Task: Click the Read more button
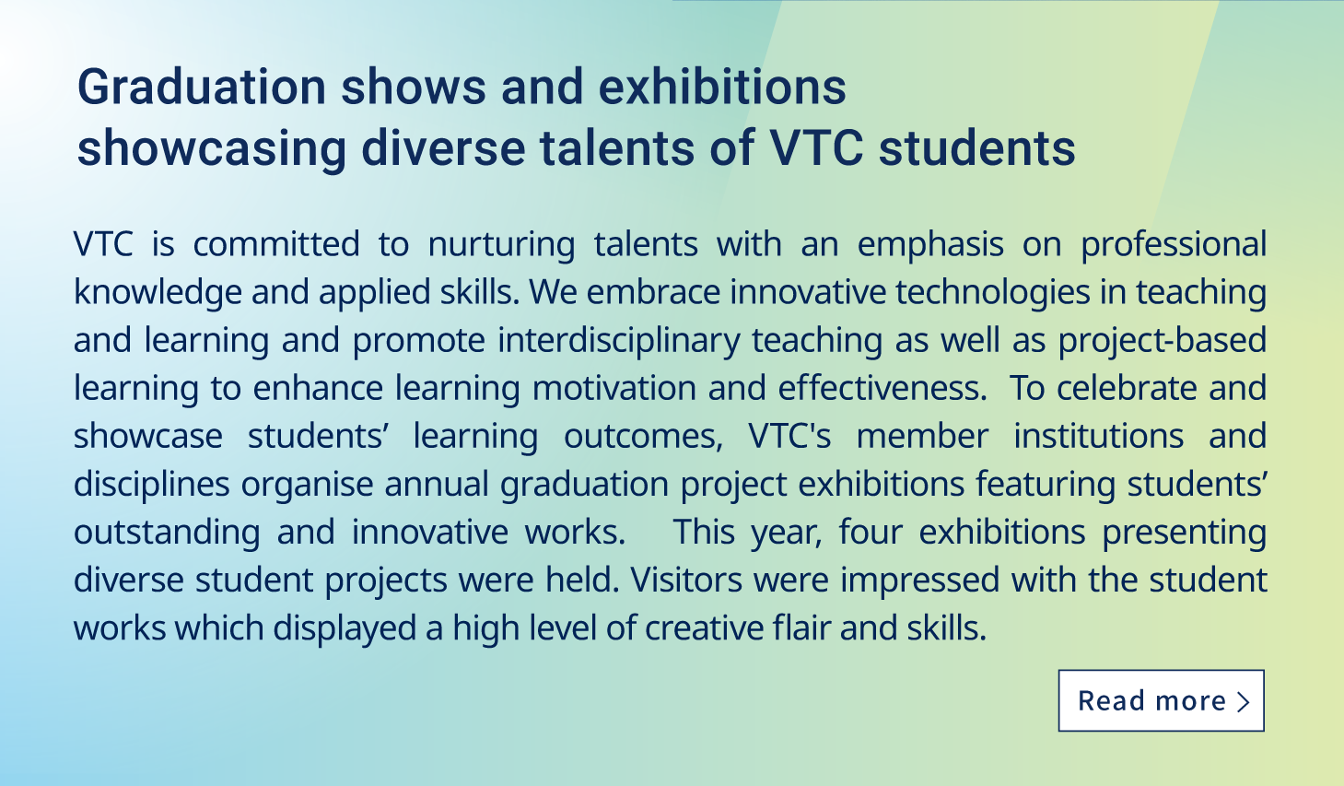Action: click(1161, 700)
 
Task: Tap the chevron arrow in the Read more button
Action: click(1244, 701)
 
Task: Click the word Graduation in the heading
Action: click(202, 88)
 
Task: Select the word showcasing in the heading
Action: click(212, 148)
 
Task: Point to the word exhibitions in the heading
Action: click(722, 87)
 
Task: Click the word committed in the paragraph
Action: click(276, 244)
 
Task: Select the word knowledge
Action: click(158, 293)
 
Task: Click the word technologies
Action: click(993, 293)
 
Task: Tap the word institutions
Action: click(1099, 436)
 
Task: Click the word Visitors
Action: click(686, 581)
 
